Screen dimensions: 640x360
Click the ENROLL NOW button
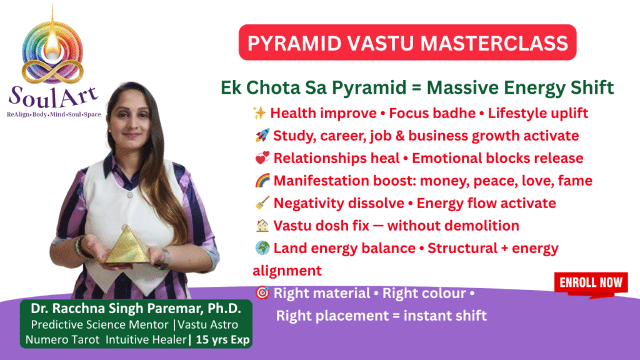[x=591, y=283]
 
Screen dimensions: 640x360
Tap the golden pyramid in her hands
[x=128, y=246]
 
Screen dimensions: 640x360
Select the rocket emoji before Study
[x=262, y=135]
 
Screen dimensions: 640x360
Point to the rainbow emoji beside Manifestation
[x=262, y=180]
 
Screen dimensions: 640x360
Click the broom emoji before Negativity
[x=262, y=202]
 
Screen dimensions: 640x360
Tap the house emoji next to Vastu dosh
[x=262, y=225]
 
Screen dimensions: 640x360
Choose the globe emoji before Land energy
[x=262, y=247]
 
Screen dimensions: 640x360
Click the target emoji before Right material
[x=262, y=292]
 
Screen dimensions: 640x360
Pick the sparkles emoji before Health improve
[x=259, y=112]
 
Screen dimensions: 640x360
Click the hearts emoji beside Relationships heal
[x=262, y=157]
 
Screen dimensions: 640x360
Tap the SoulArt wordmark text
[x=54, y=97]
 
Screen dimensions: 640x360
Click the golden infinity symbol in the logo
[x=52, y=71]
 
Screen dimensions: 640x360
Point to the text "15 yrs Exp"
[x=222, y=339]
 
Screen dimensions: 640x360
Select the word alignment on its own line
[x=287, y=271]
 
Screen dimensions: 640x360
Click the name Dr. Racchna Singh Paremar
[x=116, y=309]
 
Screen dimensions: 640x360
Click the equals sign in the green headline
[x=416, y=88]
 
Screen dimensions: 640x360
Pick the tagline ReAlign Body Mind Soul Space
[x=54, y=114]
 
